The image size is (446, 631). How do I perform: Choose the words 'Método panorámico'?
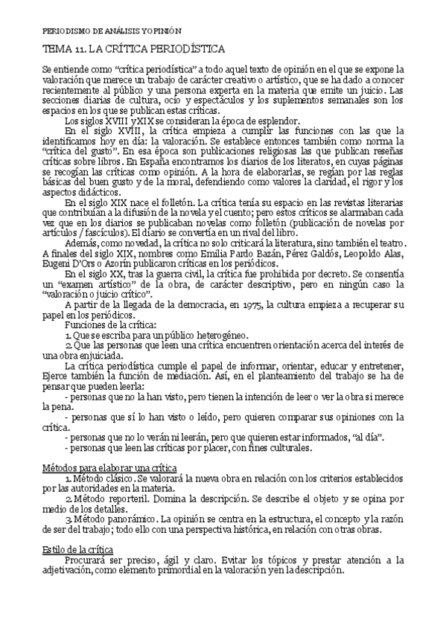[x=109, y=518]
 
